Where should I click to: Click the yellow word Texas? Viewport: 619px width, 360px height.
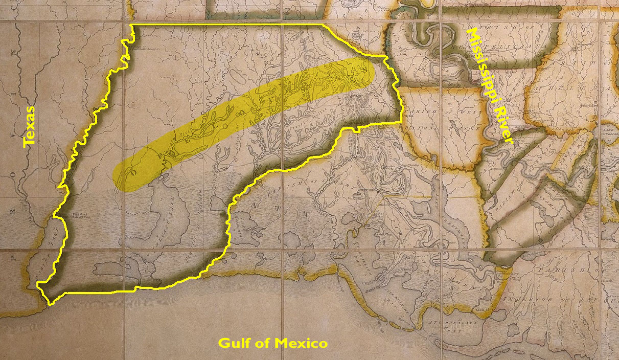[29, 127]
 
